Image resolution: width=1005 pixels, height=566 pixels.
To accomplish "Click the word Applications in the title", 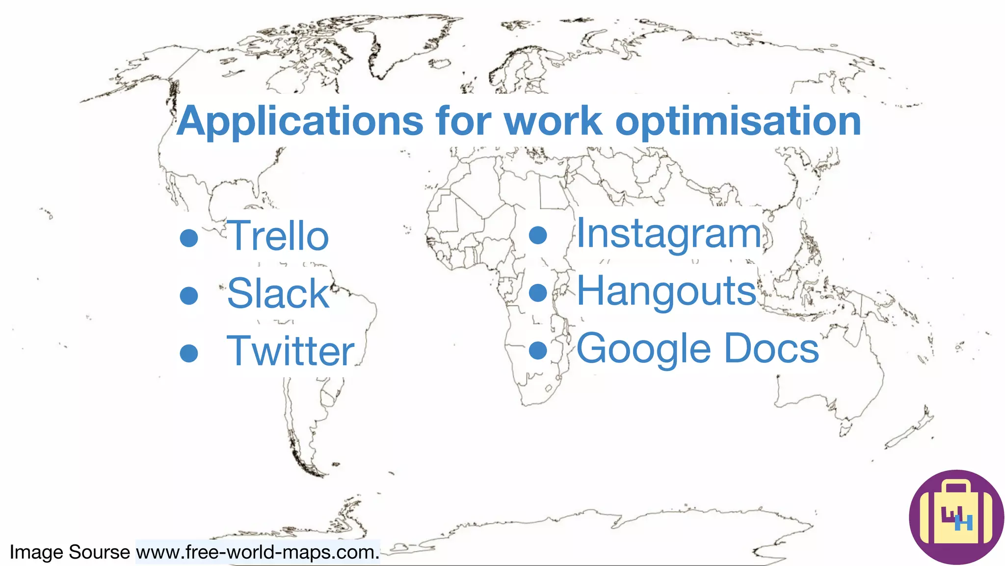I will (299, 122).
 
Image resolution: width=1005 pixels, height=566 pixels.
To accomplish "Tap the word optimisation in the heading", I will (738, 122).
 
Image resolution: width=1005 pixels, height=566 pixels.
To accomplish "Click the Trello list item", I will (277, 236).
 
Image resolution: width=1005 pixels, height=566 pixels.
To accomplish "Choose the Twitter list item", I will (290, 351).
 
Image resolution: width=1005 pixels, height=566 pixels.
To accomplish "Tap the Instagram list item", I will (668, 234).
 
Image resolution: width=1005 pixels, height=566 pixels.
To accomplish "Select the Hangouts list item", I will (666, 291).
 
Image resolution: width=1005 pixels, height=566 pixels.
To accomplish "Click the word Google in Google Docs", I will (643, 349).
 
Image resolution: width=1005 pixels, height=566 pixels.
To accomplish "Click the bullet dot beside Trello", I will (189, 238).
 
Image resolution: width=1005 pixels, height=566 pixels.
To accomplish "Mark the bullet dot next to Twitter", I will (189, 353).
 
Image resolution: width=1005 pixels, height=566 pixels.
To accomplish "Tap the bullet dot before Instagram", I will (538, 235).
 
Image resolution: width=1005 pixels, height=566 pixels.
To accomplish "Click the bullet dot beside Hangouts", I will (538, 293).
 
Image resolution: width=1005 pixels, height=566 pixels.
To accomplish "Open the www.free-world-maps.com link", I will (258, 552).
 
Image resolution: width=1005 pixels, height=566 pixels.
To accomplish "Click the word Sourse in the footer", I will (99, 552).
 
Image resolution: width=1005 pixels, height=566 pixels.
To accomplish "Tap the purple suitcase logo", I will (956, 517).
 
